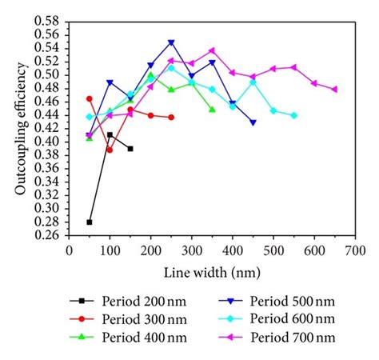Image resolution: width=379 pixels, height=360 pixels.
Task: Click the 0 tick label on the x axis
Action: (69, 250)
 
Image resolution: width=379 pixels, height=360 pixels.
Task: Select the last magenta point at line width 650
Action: (334, 89)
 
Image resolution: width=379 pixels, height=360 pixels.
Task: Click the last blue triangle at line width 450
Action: (253, 122)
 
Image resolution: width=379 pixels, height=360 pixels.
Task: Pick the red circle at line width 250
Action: (171, 117)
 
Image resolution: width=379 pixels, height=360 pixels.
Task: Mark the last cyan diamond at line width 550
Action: (293, 115)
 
